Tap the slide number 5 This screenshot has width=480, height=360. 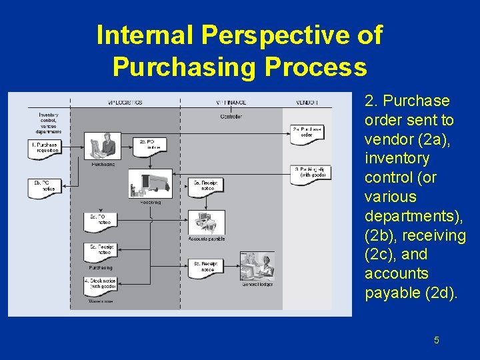436,340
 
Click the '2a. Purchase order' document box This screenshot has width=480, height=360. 307,131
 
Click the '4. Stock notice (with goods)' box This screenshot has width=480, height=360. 101,285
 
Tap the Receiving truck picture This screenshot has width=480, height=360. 150,183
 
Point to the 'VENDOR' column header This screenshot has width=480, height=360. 306,102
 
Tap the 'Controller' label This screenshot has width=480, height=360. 231,117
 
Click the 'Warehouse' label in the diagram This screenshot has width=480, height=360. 101,301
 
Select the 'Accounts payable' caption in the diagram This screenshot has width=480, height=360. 207,239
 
